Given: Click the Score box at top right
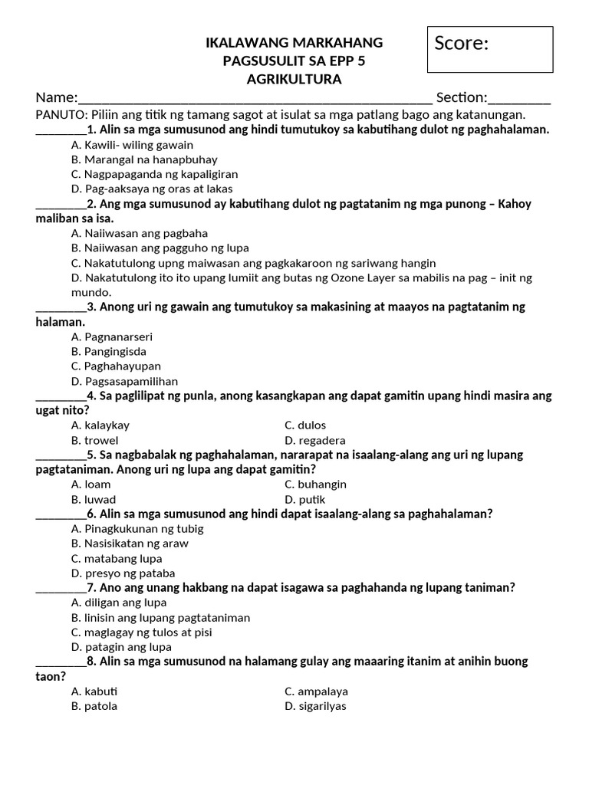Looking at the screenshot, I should [x=490, y=49].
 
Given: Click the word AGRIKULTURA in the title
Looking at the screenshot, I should [x=294, y=79].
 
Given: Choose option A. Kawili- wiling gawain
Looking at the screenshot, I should [x=132, y=145].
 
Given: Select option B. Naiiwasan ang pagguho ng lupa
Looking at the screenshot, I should [x=160, y=248].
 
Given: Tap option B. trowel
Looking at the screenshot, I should [x=95, y=441].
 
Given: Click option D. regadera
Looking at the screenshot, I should [x=315, y=441].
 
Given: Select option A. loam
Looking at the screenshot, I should [x=91, y=484].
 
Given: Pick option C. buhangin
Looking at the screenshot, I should [x=316, y=484].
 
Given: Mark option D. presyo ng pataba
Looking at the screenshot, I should [x=123, y=573].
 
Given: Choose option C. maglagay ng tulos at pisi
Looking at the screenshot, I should [x=142, y=632].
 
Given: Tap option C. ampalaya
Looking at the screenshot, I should [x=316, y=691].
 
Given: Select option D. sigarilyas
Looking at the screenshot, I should [x=316, y=706].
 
